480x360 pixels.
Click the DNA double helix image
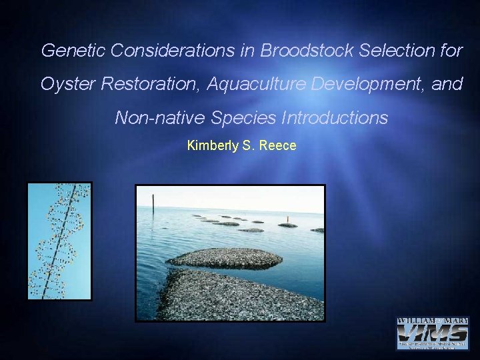point(59,241)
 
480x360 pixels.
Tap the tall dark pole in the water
point(153,203)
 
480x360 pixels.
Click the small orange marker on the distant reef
point(288,219)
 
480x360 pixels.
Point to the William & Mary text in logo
point(433,321)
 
